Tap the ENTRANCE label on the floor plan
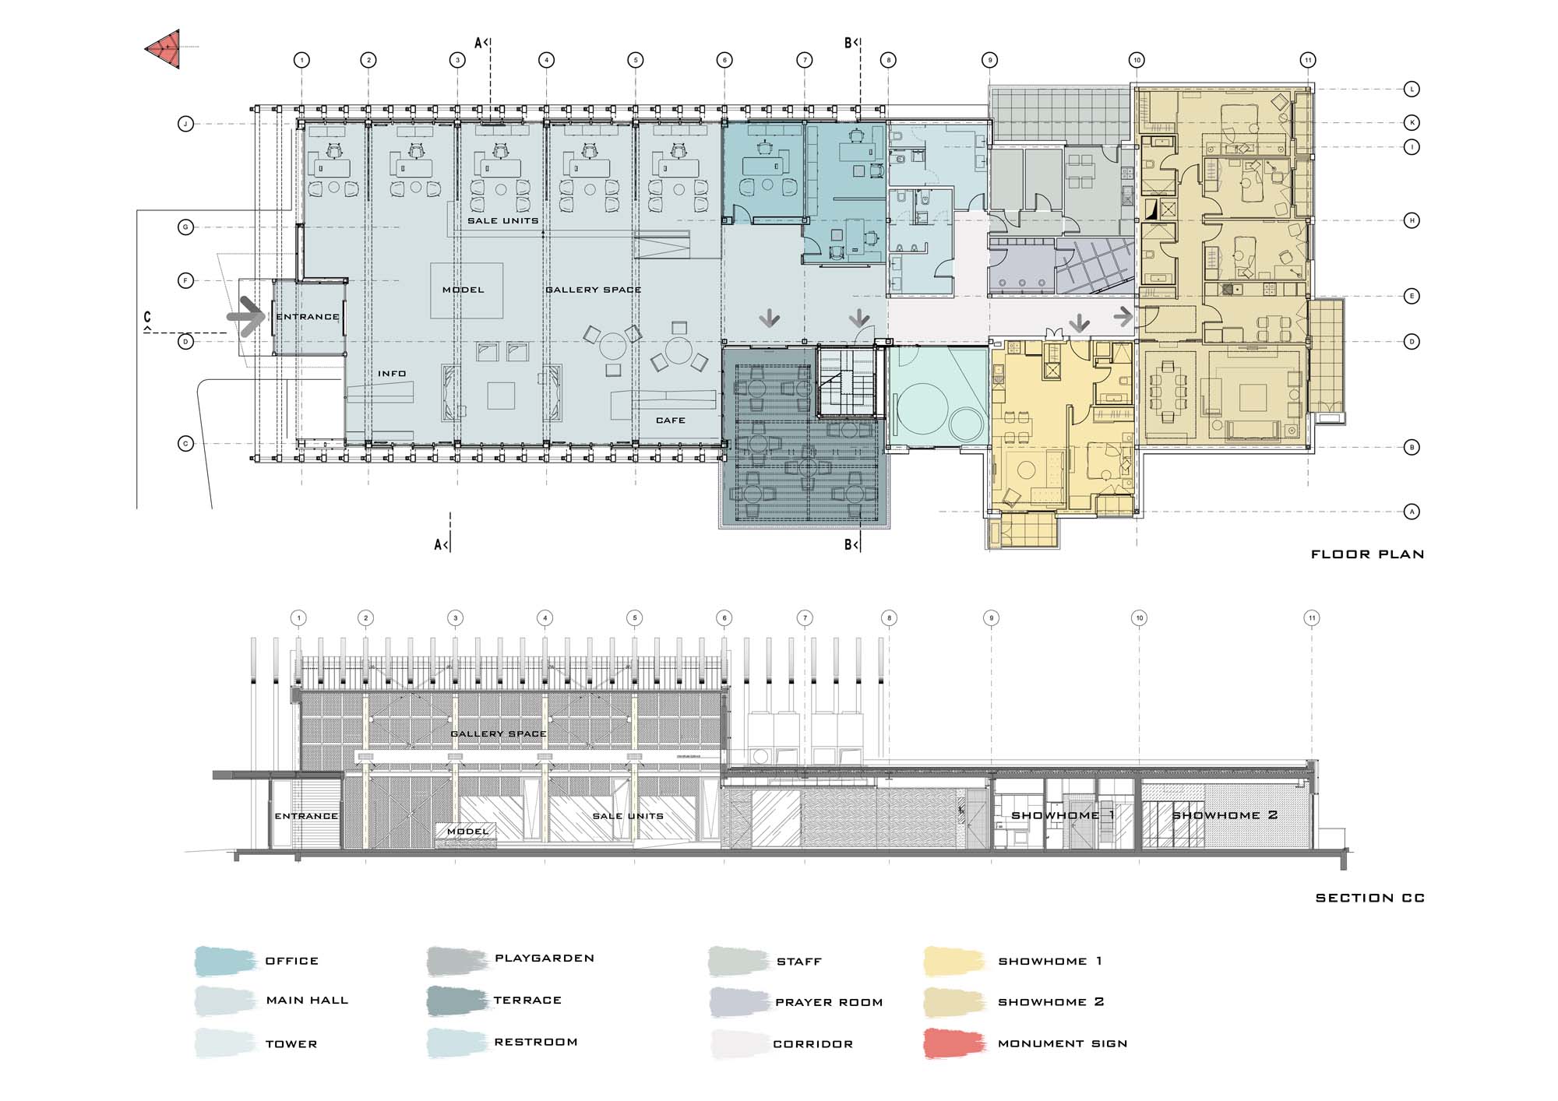click(x=308, y=317)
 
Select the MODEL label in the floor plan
click(x=464, y=290)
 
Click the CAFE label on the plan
click(x=671, y=420)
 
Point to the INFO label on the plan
click(x=392, y=374)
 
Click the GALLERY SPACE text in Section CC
click(x=499, y=733)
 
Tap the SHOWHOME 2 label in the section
click(x=1225, y=815)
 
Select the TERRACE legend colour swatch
click(x=457, y=1001)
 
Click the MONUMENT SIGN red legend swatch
click(x=954, y=1044)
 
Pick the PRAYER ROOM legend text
click(x=829, y=1002)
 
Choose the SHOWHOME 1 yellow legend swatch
click(x=954, y=962)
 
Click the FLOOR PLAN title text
click(x=1367, y=554)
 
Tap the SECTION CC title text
click(x=1370, y=898)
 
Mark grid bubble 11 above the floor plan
click(x=1308, y=60)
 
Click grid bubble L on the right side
click(x=1412, y=89)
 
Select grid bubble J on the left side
click(x=185, y=124)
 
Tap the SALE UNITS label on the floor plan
click(x=502, y=221)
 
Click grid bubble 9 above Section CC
click(x=992, y=618)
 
